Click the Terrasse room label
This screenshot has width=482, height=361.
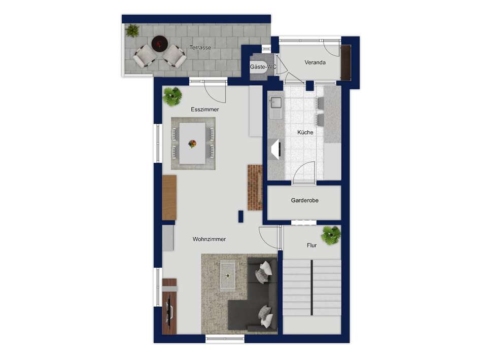pyautogui.click(x=200, y=48)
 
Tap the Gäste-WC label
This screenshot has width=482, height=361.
pyautogui.click(x=263, y=67)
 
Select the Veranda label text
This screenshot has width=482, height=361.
pyautogui.click(x=315, y=63)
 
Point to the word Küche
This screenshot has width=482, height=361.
pyautogui.click(x=305, y=132)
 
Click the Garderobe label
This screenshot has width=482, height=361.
pyautogui.click(x=304, y=201)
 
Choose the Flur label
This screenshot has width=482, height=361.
pyautogui.click(x=312, y=245)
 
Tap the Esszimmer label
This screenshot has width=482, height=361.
pyautogui.click(x=205, y=110)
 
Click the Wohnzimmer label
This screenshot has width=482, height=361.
pyautogui.click(x=209, y=239)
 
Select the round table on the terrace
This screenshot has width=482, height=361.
pyautogui.click(x=160, y=44)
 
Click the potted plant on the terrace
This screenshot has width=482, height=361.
pyautogui.click(x=132, y=30)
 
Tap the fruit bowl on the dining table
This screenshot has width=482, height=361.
pyautogui.click(x=192, y=144)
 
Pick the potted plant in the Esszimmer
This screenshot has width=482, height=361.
pyautogui.click(x=173, y=96)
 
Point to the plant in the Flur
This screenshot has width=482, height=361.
pyautogui.click(x=331, y=235)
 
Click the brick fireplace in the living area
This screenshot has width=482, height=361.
pyautogui.click(x=254, y=188)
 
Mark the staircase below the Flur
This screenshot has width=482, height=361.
pyautogui.click(x=312, y=287)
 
